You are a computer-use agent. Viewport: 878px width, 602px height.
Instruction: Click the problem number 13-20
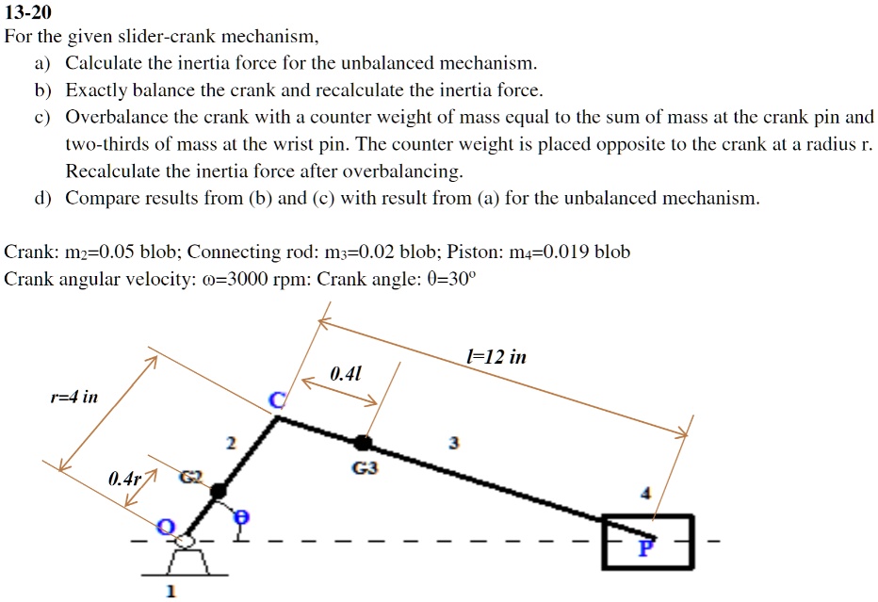coord(28,13)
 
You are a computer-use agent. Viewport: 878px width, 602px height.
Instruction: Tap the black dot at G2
coord(218,490)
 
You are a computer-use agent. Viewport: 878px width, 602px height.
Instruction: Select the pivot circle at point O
coord(185,539)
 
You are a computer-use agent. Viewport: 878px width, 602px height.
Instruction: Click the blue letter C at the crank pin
coord(276,401)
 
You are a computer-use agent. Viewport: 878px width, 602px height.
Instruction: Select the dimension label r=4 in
coord(73,397)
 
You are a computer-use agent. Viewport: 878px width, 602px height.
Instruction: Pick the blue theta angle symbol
coord(240,516)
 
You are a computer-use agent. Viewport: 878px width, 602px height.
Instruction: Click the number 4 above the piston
coord(645,493)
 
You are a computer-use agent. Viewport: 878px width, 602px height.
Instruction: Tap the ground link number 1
coord(170,592)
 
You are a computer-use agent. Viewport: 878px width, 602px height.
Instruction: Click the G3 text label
coord(362,467)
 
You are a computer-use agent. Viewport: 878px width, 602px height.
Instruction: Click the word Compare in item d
coord(98,199)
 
